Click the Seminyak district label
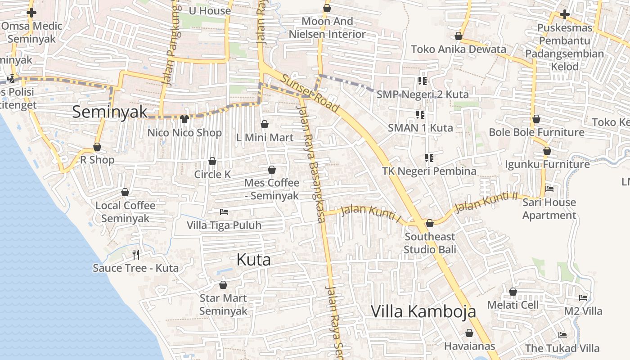109,112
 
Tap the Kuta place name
253,260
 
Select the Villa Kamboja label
423,311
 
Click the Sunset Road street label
310,94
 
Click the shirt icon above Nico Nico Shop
184,119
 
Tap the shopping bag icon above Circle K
212,161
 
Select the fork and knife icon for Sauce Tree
136,255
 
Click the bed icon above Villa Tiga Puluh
224,212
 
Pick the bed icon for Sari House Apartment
549,189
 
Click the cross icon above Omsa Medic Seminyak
31,13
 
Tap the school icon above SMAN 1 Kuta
420,115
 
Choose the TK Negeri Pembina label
429,171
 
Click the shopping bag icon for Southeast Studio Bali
430,223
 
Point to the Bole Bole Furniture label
536,132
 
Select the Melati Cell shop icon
513,292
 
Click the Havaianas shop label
469,346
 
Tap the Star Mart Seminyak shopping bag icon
223,285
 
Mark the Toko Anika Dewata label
459,49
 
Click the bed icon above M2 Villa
583,298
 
